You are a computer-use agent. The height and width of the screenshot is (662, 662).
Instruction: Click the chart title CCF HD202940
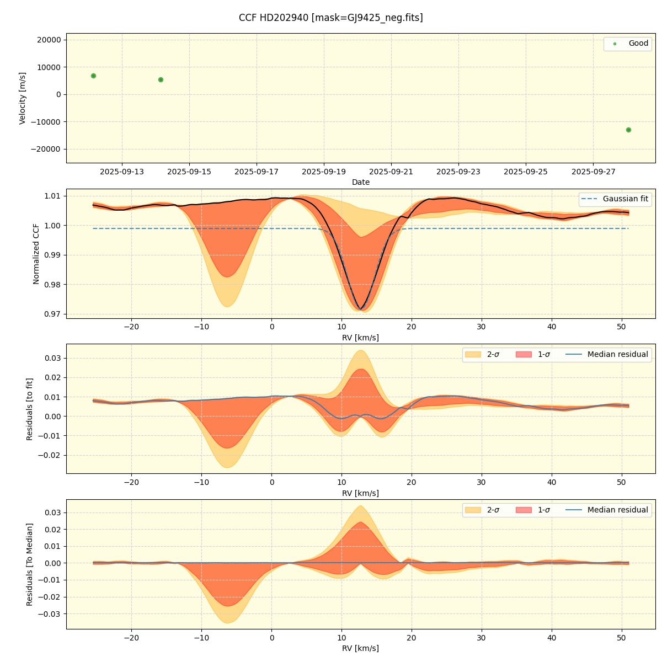pyautogui.click(x=330, y=18)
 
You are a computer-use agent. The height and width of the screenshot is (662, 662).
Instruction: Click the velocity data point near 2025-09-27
pyautogui.click(x=628, y=130)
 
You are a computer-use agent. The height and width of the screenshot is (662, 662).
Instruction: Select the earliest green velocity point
pyautogui.click(x=93, y=76)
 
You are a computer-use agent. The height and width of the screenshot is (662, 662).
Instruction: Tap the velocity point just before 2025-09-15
pyautogui.click(x=161, y=79)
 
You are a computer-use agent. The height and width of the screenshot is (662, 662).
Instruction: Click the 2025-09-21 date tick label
pyautogui.click(x=391, y=172)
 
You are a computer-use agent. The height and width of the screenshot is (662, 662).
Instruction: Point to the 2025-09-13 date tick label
pyautogui.click(x=122, y=172)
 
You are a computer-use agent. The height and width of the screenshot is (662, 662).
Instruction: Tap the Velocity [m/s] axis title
pyautogui.click(x=23, y=98)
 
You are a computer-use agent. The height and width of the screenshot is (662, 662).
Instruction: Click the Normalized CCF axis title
pyautogui.click(x=36, y=254)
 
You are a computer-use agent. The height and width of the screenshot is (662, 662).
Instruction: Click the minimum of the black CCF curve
pyautogui.click(x=360, y=309)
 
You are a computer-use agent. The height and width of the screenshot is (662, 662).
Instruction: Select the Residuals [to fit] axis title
pyautogui.click(x=30, y=409)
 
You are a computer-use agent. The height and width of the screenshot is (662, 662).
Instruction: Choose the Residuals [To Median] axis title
pyautogui.click(x=30, y=564)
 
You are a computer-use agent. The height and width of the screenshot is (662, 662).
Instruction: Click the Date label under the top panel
pyautogui.click(x=361, y=182)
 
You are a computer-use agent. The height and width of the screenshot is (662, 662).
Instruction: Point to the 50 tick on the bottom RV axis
pyautogui.click(x=621, y=638)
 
